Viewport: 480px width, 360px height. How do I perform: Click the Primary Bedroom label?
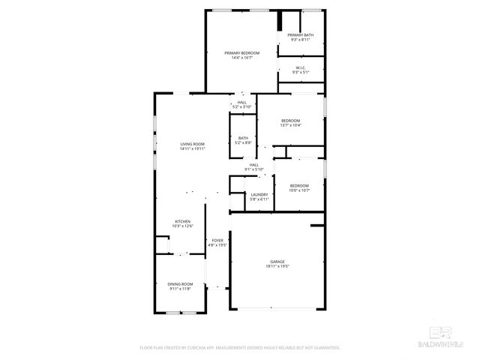[241, 52]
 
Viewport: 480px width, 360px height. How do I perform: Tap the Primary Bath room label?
[300, 35]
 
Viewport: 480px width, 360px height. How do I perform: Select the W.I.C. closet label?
[300, 67]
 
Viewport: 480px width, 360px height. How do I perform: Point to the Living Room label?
[192, 144]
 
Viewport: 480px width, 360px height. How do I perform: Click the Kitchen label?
[182, 221]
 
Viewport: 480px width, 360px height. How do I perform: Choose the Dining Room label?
[180, 283]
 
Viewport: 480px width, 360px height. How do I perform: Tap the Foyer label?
[217, 240]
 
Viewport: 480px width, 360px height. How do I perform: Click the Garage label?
[277, 262]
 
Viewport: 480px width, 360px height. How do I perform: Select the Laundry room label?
[259, 194]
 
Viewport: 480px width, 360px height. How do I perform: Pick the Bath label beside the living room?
[243, 138]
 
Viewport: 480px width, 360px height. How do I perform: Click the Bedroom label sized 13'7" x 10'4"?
[290, 121]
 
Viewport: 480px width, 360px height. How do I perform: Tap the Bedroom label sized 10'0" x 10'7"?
[299, 185]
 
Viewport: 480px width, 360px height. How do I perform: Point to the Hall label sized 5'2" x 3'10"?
[241, 103]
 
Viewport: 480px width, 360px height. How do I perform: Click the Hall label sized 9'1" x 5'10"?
[253, 165]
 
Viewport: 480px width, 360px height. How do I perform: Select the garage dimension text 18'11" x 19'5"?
[277, 266]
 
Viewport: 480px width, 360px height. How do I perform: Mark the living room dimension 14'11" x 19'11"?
[192, 148]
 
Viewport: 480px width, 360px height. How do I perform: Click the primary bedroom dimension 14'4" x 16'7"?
[241, 57]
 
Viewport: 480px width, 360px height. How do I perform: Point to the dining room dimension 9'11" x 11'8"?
[180, 288]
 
